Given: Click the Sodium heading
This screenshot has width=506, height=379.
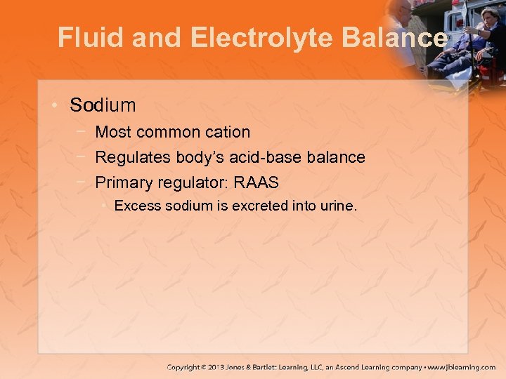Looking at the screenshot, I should tap(103, 105).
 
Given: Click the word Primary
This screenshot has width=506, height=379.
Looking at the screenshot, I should tap(122, 182).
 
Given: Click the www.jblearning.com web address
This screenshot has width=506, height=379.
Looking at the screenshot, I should tap(465, 367).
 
